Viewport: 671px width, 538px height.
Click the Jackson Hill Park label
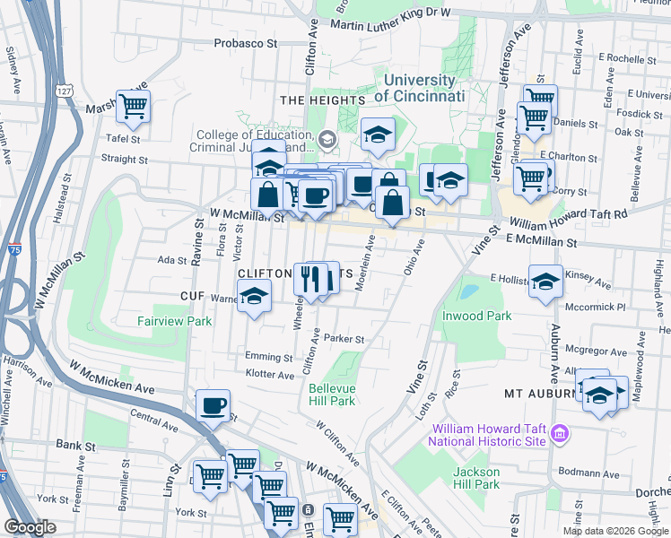[x=475, y=478]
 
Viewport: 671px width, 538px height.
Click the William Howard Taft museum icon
[x=560, y=435]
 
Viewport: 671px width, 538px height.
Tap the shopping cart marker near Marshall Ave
[x=133, y=107]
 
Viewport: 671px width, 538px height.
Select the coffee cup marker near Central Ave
[x=213, y=406]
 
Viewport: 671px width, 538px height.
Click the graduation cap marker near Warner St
[x=255, y=299]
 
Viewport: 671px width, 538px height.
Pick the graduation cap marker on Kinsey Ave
[x=545, y=282]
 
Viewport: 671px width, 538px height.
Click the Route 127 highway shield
[x=62, y=91]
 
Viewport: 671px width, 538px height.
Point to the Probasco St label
[x=246, y=42]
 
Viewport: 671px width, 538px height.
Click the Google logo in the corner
[x=30, y=527]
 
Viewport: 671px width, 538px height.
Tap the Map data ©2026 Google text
[x=614, y=531]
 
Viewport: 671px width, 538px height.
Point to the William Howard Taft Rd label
[x=567, y=219]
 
